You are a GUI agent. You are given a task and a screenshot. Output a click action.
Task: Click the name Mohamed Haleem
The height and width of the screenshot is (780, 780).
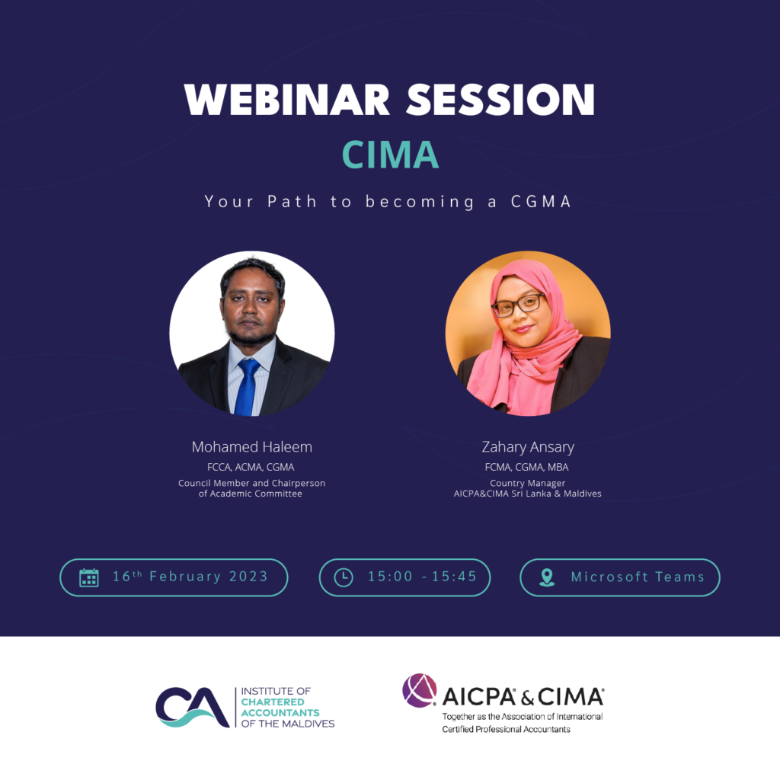pyautogui.click(x=252, y=447)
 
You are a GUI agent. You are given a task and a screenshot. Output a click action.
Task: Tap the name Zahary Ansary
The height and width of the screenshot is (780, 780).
pyautogui.click(x=528, y=447)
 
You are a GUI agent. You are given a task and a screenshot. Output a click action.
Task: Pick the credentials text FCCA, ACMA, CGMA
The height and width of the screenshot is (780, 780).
pyautogui.click(x=252, y=467)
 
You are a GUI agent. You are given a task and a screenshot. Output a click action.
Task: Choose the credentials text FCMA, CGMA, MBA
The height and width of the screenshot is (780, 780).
pyautogui.click(x=527, y=467)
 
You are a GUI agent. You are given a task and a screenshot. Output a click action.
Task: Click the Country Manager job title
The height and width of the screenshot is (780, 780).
pyautogui.click(x=527, y=483)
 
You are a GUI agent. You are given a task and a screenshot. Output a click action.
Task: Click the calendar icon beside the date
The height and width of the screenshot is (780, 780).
pyautogui.click(x=89, y=577)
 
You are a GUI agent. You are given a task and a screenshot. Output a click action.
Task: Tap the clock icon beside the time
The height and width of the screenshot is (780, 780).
pyautogui.click(x=344, y=577)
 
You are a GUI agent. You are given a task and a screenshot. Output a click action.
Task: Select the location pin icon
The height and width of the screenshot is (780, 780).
pyautogui.click(x=547, y=577)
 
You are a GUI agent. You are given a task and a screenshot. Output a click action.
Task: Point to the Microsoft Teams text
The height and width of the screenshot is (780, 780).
pyautogui.click(x=638, y=577)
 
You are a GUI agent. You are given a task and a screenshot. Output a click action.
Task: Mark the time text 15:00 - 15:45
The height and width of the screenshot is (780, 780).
pyautogui.click(x=422, y=577)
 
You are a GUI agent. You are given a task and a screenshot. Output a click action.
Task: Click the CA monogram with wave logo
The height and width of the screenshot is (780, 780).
pyautogui.click(x=192, y=708)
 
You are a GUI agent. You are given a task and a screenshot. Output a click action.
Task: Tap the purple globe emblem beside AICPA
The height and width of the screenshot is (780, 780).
pyautogui.click(x=420, y=691)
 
